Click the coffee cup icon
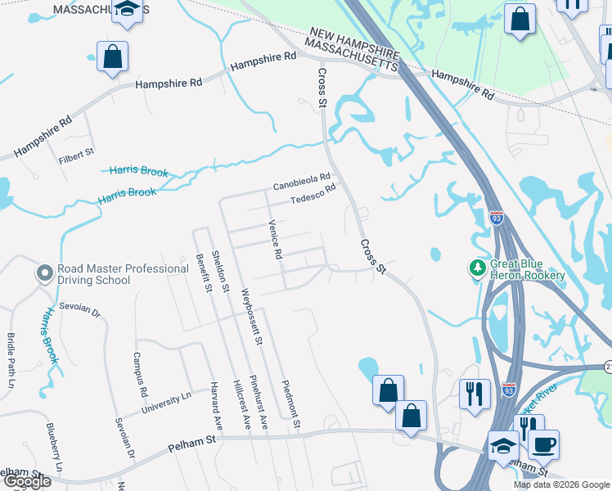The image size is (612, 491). click(x=543, y=444)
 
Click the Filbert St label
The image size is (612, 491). click(x=77, y=152)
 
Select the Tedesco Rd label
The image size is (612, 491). click(x=314, y=193)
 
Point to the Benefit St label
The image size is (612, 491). click(x=203, y=273)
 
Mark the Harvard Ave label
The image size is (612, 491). click(x=217, y=406)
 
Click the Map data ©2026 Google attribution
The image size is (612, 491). click(x=561, y=484)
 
